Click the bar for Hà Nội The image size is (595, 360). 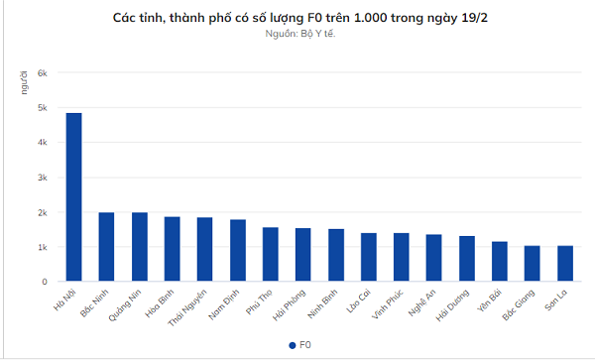coord(74,197)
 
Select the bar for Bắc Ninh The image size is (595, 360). coord(106,247)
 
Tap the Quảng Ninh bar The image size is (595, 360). coord(140,247)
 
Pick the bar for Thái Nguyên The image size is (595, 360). coord(204,249)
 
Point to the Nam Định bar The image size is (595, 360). coord(237,250)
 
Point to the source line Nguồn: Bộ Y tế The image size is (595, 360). coord(298,34)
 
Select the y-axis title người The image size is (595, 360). coord(23,85)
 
